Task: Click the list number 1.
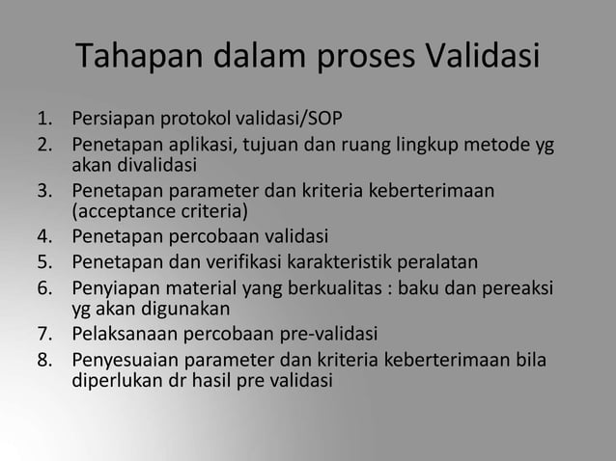point(43,122)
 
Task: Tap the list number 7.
point(43,335)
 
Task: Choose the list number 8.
point(43,361)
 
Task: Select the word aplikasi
point(202,147)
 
